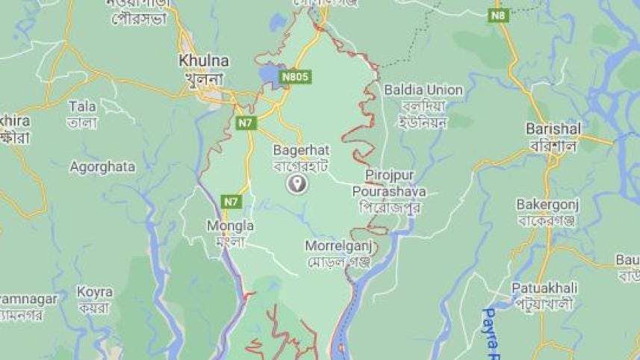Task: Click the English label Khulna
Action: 204,60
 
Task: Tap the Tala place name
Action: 81,106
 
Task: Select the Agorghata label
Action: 102,167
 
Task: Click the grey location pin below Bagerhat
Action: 297,184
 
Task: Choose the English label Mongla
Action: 230,226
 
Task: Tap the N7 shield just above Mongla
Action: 232,201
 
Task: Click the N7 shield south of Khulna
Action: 246,122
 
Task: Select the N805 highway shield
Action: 296,77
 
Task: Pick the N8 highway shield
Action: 499,14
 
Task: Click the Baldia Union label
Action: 423,90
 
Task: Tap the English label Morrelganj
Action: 338,245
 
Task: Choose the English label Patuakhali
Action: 547,287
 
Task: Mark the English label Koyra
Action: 95,291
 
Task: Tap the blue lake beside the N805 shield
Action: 268,75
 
